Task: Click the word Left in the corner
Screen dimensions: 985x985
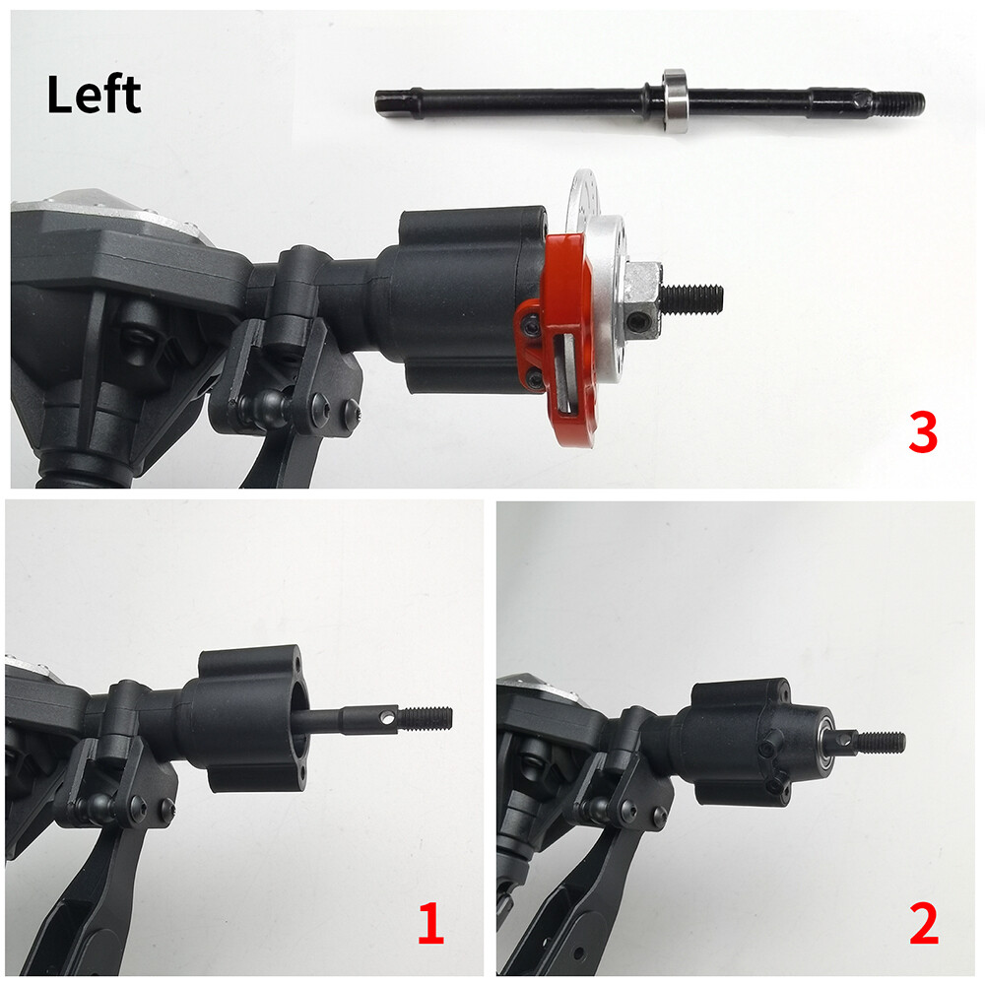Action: pos(94,96)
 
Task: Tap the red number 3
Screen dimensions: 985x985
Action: pos(922,434)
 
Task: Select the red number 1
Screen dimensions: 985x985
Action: pos(429,925)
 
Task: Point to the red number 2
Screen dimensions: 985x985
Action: pos(923,925)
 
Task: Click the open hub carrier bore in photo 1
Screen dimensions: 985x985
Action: pos(299,717)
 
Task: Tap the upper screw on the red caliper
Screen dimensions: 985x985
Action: pos(532,323)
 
